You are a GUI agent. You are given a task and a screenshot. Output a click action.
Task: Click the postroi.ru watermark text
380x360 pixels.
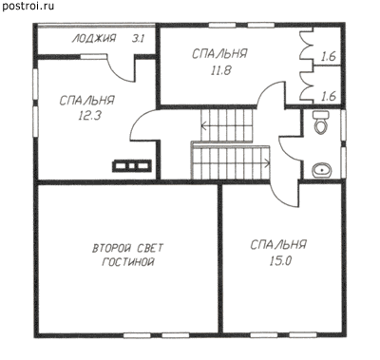click(28, 6)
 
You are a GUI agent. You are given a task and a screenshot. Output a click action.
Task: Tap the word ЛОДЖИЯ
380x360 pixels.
click(94, 39)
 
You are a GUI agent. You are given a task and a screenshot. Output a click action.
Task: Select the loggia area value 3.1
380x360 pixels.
click(138, 39)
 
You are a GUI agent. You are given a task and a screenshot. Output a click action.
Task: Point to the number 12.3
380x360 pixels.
click(89, 115)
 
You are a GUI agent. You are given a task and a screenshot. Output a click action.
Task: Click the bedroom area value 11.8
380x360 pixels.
click(221, 70)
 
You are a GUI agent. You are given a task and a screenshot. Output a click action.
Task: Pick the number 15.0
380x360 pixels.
click(280, 261)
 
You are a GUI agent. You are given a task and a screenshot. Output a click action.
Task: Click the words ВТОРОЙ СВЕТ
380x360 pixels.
click(128, 248)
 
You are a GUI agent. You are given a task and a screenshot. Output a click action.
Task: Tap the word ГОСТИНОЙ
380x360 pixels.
click(128, 262)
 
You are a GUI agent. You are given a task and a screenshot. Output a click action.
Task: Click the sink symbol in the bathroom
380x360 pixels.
click(322, 171)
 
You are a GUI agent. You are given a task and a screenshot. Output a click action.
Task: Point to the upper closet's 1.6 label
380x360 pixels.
click(328, 57)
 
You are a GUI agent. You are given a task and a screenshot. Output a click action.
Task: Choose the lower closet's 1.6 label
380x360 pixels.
click(328, 96)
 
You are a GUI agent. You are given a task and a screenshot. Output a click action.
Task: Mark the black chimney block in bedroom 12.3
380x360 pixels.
click(131, 166)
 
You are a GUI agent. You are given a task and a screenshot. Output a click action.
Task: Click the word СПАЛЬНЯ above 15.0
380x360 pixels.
click(278, 245)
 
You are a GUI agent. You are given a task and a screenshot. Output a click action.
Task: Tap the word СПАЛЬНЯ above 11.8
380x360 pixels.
click(219, 53)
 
